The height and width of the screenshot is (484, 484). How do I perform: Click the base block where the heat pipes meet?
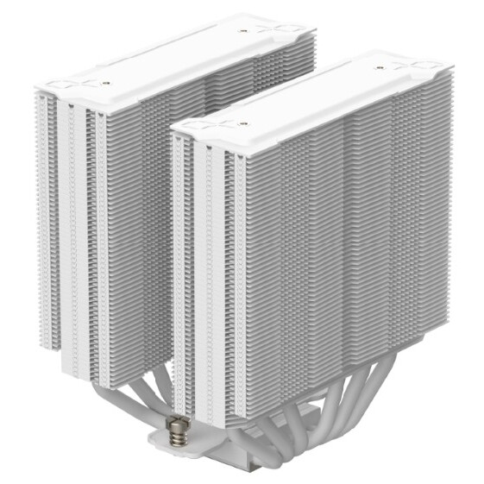tap(259, 457)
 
